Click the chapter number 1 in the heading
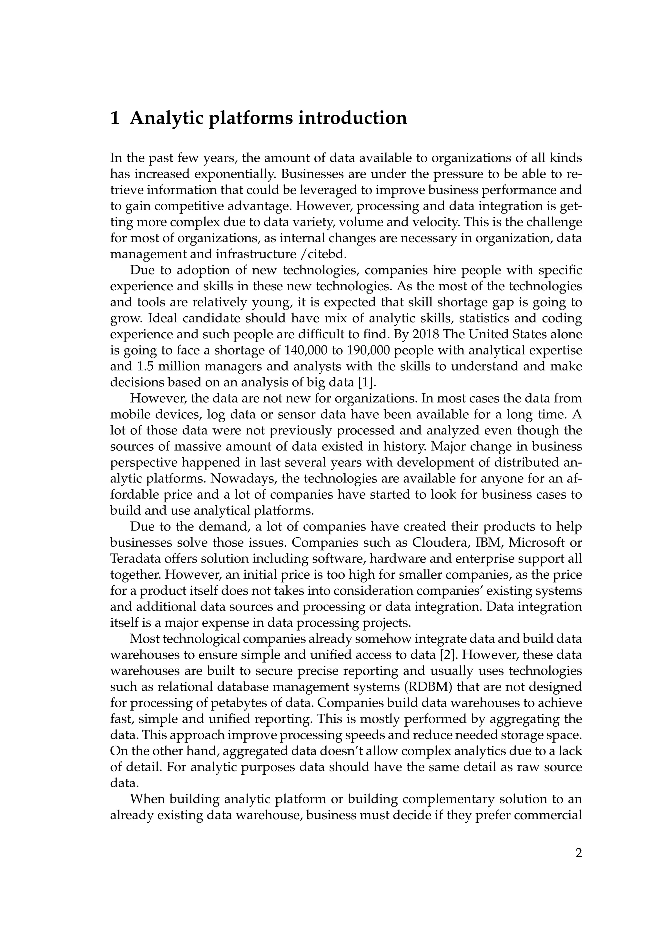(115, 118)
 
